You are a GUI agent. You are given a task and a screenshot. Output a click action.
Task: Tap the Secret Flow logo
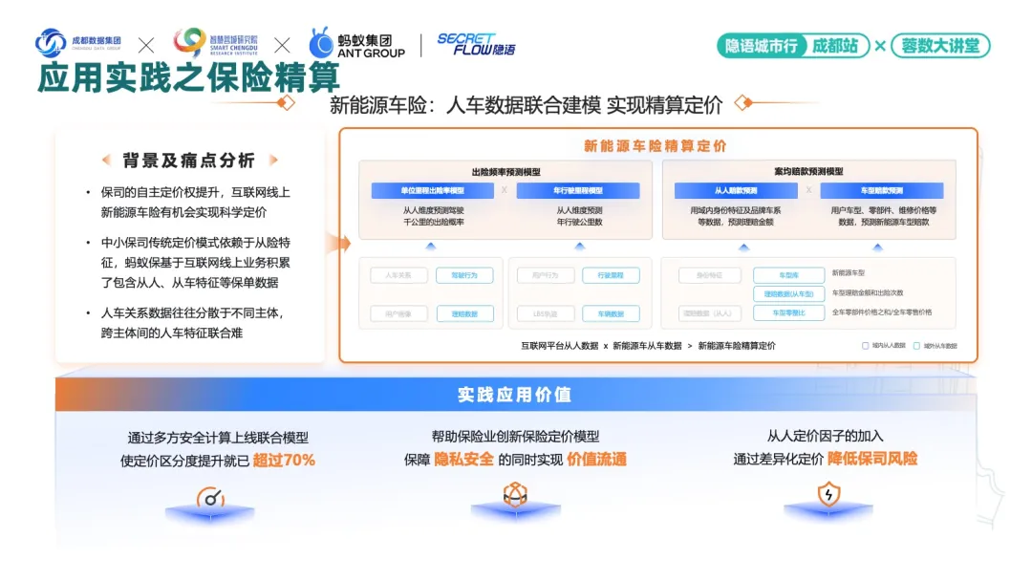tap(476, 44)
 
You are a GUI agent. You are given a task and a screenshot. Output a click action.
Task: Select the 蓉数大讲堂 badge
tap(940, 45)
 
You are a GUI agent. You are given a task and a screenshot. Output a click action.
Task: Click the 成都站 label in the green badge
tap(835, 45)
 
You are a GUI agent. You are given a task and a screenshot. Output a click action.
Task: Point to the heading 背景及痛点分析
tap(189, 161)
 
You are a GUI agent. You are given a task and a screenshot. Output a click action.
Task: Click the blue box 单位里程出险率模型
tap(431, 191)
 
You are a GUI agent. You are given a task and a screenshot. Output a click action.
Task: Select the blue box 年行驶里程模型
tap(578, 191)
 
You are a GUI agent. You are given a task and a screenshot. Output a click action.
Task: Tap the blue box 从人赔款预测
tap(735, 191)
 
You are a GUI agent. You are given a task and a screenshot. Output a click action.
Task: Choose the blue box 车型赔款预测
tap(881, 191)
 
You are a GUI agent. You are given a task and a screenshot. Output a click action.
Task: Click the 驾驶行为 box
tap(464, 275)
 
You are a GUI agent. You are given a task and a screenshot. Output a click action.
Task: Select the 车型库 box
tap(788, 275)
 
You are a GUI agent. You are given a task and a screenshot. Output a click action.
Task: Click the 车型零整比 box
tap(788, 312)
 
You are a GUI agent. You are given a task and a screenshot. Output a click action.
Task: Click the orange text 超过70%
tap(284, 460)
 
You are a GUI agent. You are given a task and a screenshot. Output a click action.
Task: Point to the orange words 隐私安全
tap(464, 460)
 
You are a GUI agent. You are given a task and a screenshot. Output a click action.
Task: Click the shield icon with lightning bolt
tap(828, 495)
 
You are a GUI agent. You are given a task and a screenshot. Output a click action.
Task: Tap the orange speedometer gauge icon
tap(210, 497)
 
